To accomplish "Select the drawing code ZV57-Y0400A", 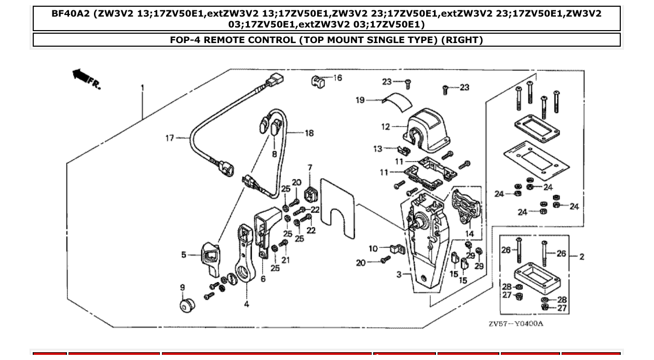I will (x=515, y=324).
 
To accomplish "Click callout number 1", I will (x=142, y=88).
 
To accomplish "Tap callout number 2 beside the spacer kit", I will (x=581, y=256).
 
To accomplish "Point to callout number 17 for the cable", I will (x=170, y=138).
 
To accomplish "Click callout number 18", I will (x=309, y=133).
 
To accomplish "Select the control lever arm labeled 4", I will (x=244, y=254).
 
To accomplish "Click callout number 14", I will (x=469, y=234).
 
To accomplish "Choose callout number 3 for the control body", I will (x=399, y=274).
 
